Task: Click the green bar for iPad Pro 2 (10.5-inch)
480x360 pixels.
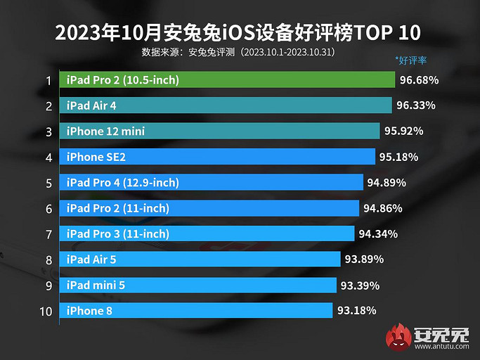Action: [x=227, y=80]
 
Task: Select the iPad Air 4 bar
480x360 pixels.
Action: [x=226, y=105]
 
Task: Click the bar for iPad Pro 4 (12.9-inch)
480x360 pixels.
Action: [x=212, y=183]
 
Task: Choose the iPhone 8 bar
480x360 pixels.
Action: [x=196, y=310]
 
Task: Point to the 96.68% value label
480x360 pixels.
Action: [x=420, y=80]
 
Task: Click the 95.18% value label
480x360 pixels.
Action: [x=398, y=157]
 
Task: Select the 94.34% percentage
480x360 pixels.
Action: [x=378, y=233]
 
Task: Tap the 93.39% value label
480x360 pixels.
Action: [x=360, y=285]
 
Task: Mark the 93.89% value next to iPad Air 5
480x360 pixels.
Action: [x=364, y=259]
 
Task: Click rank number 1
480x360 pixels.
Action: [x=48, y=81]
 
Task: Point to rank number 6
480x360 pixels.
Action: [x=48, y=208]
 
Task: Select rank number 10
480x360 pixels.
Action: [x=46, y=310]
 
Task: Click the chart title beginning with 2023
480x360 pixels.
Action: [x=240, y=33]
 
